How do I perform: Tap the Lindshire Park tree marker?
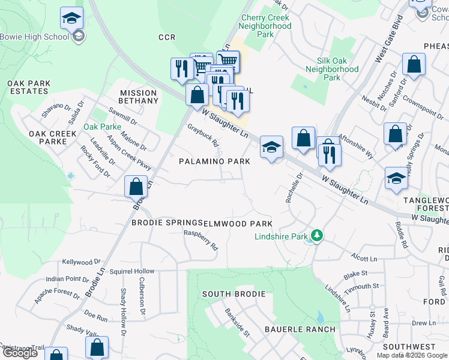pos(316,236)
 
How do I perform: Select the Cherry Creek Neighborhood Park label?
pos(265,26)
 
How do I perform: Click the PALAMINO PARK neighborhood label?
pos(214,161)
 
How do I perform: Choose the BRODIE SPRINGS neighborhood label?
pos(166,223)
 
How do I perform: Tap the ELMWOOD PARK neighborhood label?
pos(234,223)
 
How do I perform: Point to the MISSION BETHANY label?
pos(139,97)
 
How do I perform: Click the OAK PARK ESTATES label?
pos(25,87)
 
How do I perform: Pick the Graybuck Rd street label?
pos(203,136)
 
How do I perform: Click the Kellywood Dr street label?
pos(82,262)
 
